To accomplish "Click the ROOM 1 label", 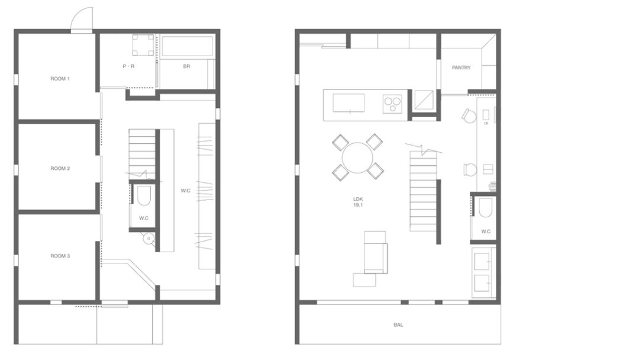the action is click(x=60, y=79).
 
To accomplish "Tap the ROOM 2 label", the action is click(x=60, y=168).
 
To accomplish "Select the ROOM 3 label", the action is click(x=60, y=256).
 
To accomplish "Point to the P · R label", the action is click(x=128, y=66).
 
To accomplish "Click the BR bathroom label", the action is click(x=186, y=66).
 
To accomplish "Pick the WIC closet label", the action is click(x=185, y=191).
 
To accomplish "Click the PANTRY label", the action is click(x=461, y=67).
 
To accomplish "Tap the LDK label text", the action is click(x=358, y=200).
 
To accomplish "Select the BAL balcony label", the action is click(x=398, y=325).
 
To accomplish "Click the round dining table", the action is click(x=357, y=157).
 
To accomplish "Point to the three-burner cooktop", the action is click(x=392, y=104).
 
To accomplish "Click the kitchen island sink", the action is click(x=348, y=103).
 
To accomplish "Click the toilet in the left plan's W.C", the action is click(x=143, y=197).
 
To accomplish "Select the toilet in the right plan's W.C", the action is click(x=485, y=208).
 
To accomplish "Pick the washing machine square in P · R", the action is click(x=143, y=45).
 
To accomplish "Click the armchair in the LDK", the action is click(x=375, y=252).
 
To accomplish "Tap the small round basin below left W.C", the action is click(x=149, y=239).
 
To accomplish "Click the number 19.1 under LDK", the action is click(x=358, y=205).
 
